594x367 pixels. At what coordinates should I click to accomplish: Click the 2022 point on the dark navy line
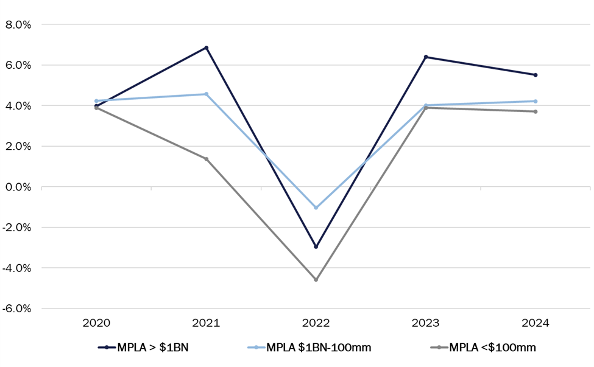[x=316, y=246]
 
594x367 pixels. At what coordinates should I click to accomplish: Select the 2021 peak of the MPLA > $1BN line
[x=207, y=47]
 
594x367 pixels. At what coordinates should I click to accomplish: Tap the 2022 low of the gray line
[x=316, y=279]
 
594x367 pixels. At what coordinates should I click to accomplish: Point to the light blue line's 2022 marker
[x=316, y=208]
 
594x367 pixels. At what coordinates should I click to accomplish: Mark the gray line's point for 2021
[x=207, y=159]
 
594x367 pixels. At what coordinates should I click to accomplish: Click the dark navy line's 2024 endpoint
[x=535, y=75]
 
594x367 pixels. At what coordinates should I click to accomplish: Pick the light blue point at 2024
[x=535, y=101]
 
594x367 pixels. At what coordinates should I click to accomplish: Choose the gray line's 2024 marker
[x=535, y=111]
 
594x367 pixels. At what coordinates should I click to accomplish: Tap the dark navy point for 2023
[x=425, y=57]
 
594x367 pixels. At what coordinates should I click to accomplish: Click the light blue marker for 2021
[x=207, y=94]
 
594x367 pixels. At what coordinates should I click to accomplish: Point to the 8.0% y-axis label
[x=18, y=25]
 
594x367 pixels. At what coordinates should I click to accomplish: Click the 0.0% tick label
[x=18, y=187]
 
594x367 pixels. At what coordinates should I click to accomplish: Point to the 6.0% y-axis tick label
[x=18, y=65]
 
